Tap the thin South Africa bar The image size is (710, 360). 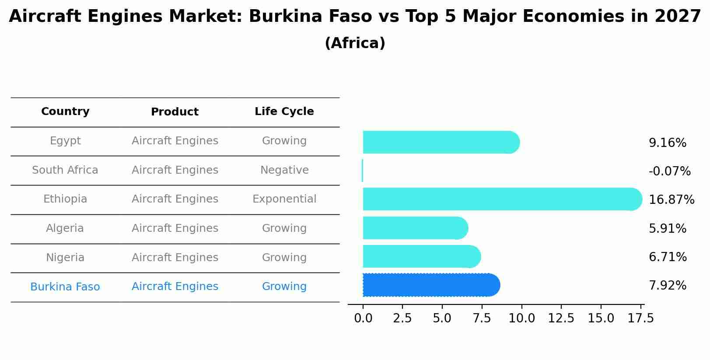[x=362, y=171]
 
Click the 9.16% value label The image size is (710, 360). [x=667, y=143]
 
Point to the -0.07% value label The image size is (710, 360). [x=669, y=171]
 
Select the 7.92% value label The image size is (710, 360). [x=667, y=286]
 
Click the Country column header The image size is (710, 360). [x=65, y=112]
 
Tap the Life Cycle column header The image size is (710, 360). [x=284, y=112]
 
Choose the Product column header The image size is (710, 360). [x=175, y=112]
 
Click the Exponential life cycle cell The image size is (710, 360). [x=284, y=199]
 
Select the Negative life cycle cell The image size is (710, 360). [x=284, y=170]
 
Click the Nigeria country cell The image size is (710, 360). [x=65, y=258]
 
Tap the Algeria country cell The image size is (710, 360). [x=65, y=228]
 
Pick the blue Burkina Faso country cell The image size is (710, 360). [x=65, y=287]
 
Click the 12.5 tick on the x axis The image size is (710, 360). [x=561, y=318]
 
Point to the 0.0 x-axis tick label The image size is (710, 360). [x=363, y=318]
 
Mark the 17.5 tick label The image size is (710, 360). [x=640, y=318]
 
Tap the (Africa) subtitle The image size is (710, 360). [x=355, y=43]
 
